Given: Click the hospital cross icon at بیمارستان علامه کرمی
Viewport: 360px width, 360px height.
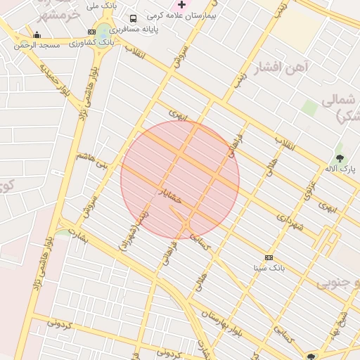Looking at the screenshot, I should click(x=181, y=4).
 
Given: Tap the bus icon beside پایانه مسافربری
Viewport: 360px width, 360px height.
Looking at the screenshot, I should click(x=134, y=18).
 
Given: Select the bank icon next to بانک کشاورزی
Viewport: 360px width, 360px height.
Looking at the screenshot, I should click(x=92, y=32).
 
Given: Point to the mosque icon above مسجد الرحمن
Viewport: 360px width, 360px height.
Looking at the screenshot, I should click(x=37, y=35).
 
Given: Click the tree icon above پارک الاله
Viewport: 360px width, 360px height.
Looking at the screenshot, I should click(x=340, y=159).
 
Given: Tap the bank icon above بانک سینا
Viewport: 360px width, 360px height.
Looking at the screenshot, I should click(x=268, y=257).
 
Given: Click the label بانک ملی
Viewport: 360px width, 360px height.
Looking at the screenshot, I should click(x=101, y=6).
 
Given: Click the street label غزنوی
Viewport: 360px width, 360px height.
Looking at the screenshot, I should click(x=308, y=188).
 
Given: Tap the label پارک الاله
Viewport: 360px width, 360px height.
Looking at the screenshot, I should click(x=340, y=169).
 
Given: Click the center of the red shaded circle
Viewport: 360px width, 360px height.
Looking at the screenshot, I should click(x=180, y=179).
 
